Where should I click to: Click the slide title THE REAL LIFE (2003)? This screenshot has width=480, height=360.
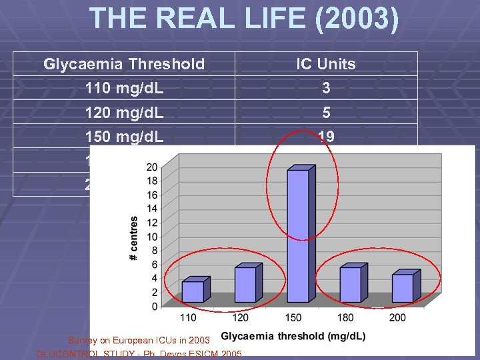click(x=244, y=19)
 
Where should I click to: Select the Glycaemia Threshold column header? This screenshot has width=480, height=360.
click(x=124, y=64)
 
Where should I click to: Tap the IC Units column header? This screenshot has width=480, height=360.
click(x=326, y=64)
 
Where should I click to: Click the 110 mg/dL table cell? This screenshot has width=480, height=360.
click(x=124, y=88)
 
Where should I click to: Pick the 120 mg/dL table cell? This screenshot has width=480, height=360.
click(x=124, y=112)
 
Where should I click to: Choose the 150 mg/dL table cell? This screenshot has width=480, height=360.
click(x=124, y=136)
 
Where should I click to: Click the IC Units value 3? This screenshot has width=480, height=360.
click(x=326, y=88)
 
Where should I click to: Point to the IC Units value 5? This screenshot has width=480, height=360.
click(x=326, y=112)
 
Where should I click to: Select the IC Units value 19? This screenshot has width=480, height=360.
click(x=326, y=136)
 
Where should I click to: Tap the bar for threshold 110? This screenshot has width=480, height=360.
click(x=192, y=291)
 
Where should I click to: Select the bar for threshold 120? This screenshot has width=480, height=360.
click(x=245, y=284)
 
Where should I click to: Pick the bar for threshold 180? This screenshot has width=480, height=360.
click(x=350, y=284)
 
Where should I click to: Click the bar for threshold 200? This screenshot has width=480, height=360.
click(x=402, y=287)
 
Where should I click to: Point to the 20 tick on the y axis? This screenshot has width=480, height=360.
click(x=151, y=167)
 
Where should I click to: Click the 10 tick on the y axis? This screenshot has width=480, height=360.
click(x=151, y=237)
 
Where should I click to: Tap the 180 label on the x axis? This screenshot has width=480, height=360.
click(x=345, y=317)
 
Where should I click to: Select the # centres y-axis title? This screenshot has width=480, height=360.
click(x=135, y=238)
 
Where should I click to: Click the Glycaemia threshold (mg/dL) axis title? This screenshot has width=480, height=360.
click(x=293, y=337)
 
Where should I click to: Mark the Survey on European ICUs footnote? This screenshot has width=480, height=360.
click(x=139, y=341)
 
